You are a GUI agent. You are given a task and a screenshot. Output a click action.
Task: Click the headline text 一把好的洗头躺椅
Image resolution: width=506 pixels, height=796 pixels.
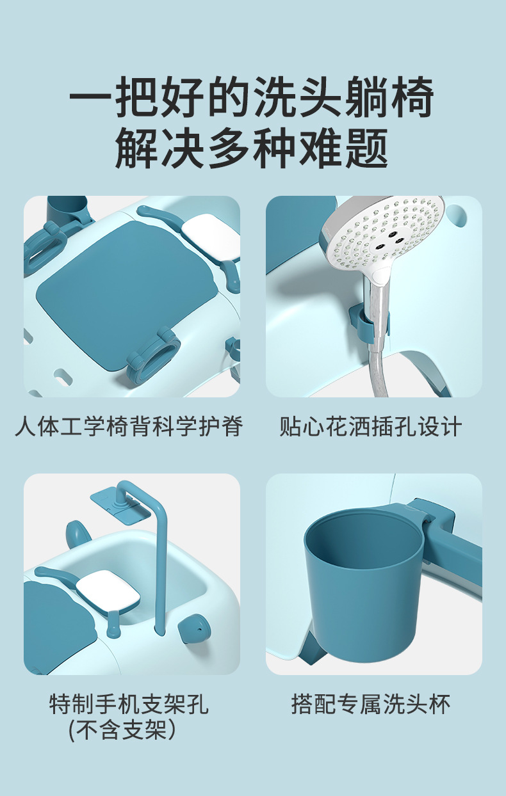252,97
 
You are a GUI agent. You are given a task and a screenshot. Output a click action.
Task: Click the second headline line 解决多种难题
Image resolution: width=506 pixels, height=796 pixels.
252,148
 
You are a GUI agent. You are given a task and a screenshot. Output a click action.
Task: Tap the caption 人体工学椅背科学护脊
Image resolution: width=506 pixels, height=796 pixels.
129,427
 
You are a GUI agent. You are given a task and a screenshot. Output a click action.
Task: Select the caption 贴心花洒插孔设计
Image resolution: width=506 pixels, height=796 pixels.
371,427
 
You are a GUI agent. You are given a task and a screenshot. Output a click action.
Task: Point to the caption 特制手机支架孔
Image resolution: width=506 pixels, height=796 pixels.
129,704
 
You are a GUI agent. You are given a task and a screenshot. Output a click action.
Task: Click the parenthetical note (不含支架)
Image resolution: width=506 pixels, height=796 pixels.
122,730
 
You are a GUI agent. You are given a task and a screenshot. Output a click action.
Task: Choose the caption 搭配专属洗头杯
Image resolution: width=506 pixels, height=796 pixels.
371,704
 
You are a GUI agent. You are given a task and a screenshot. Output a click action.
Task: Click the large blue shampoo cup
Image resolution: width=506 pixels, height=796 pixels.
364,579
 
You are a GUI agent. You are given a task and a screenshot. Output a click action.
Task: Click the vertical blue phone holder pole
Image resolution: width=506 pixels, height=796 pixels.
159,563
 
